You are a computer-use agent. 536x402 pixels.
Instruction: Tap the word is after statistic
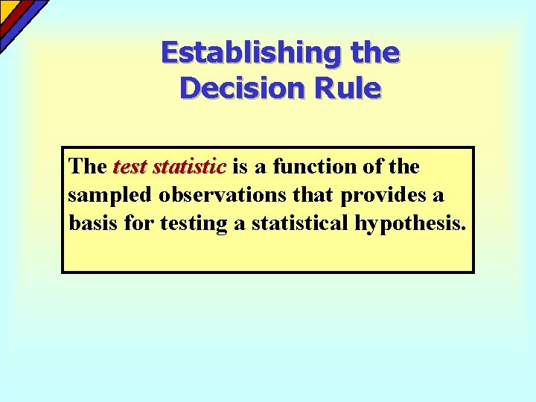click(x=240, y=167)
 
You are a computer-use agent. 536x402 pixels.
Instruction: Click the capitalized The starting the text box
click(x=87, y=167)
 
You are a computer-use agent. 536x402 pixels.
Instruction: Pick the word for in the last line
click(x=138, y=223)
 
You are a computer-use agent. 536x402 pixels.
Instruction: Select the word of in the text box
click(x=371, y=167)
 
